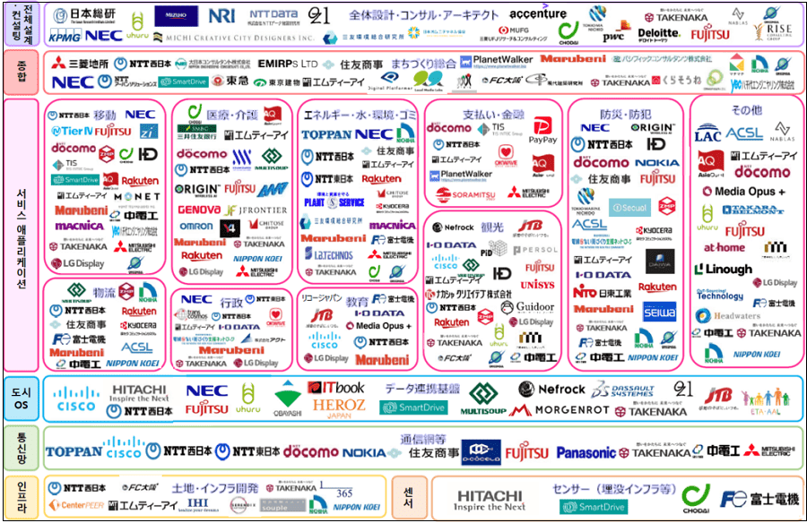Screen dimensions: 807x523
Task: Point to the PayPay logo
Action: [x=543, y=132]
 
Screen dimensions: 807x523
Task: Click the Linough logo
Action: [x=723, y=269]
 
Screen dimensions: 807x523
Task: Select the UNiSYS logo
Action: [x=539, y=285]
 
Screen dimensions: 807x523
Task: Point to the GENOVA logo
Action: [x=200, y=209]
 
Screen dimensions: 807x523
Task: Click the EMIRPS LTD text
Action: [x=287, y=64]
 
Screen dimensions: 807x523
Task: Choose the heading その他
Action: [x=745, y=110]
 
